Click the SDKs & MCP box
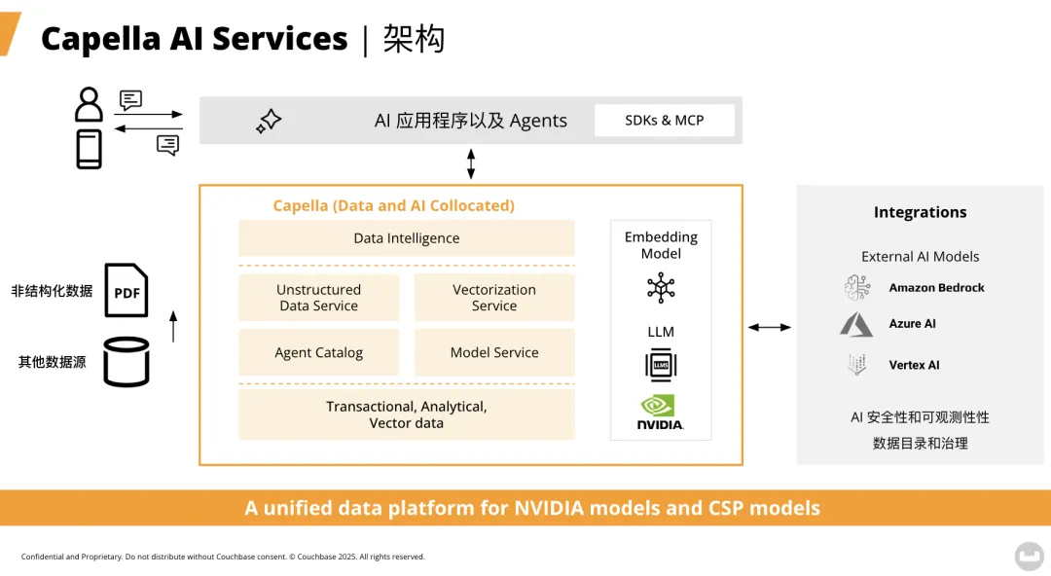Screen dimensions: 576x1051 pyautogui.click(x=665, y=121)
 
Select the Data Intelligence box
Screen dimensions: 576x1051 pyautogui.click(x=407, y=238)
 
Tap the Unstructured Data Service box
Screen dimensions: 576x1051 pyautogui.click(x=319, y=298)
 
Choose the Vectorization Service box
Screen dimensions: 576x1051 pyautogui.click(x=494, y=298)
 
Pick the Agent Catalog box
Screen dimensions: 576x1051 pyautogui.click(x=319, y=352)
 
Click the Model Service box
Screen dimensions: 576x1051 pyautogui.click(x=494, y=352)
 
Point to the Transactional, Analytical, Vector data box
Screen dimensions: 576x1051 pyautogui.click(x=407, y=414)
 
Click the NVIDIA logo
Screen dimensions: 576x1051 pyautogui.click(x=660, y=413)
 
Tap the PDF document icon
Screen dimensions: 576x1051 pyautogui.click(x=127, y=291)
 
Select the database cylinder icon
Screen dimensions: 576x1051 pyautogui.click(x=127, y=362)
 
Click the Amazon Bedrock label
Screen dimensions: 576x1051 pyautogui.click(x=936, y=288)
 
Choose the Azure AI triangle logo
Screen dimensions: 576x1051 pyautogui.click(x=856, y=325)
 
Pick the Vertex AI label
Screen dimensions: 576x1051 pyautogui.click(x=914, y=365)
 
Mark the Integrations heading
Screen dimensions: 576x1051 pyautogui.click(x=920, y=212)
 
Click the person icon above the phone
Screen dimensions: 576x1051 pyautogui.click(x=89, y=104)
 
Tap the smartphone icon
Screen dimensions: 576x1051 pyautogui.click(x=89, y=149)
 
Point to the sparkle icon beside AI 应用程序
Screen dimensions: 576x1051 pyautogui.click(x=269, y=121)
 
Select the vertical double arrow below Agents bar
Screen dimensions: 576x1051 pyautogui.click(x=471, y=163)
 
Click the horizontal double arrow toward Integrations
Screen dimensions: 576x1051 pyautogui.click(x=770, y=328)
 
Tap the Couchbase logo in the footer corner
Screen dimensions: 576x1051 pyautogui.click(x=1029, y=556)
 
